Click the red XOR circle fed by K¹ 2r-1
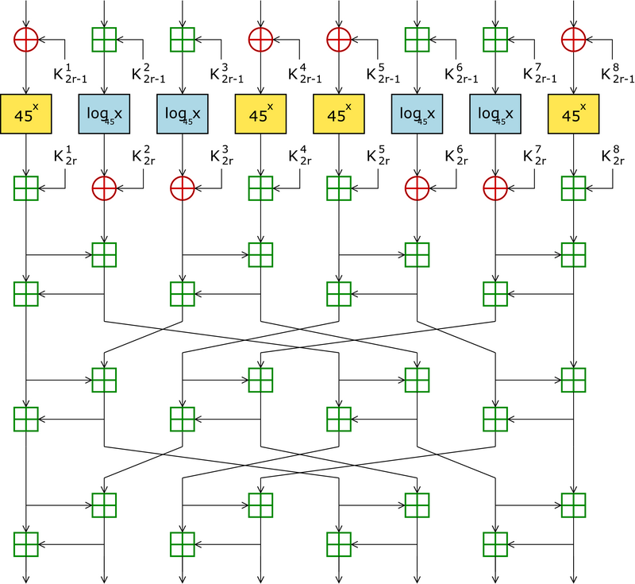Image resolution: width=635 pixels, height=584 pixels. click(26, 37)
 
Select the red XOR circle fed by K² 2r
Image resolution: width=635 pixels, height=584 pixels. click(105, 188)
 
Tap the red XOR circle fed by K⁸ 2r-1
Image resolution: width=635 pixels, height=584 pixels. click(574, 37)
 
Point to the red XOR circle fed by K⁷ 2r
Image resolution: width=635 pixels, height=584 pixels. click(495, 188)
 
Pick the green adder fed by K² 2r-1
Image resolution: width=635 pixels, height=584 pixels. click(105, 37)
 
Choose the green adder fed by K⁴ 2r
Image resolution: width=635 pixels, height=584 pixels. click(261, 188)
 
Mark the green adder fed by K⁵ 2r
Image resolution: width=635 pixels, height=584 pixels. click(339, 188)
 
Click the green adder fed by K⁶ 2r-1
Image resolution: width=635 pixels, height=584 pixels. click(418, 37)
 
